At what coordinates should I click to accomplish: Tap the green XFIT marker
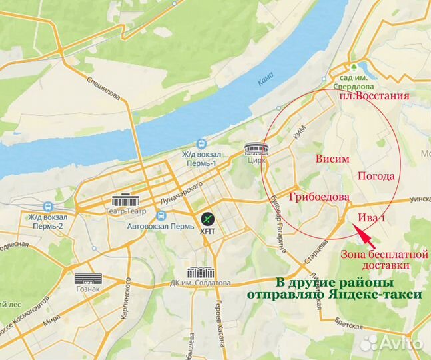click(x=208, y=218)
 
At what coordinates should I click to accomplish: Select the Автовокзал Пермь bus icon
click(x=161, y=216)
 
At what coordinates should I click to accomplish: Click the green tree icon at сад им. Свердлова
click(x=363, y=67)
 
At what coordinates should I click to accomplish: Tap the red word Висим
click(x=331, y=159)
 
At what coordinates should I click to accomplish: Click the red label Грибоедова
click(x=319, y=198)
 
